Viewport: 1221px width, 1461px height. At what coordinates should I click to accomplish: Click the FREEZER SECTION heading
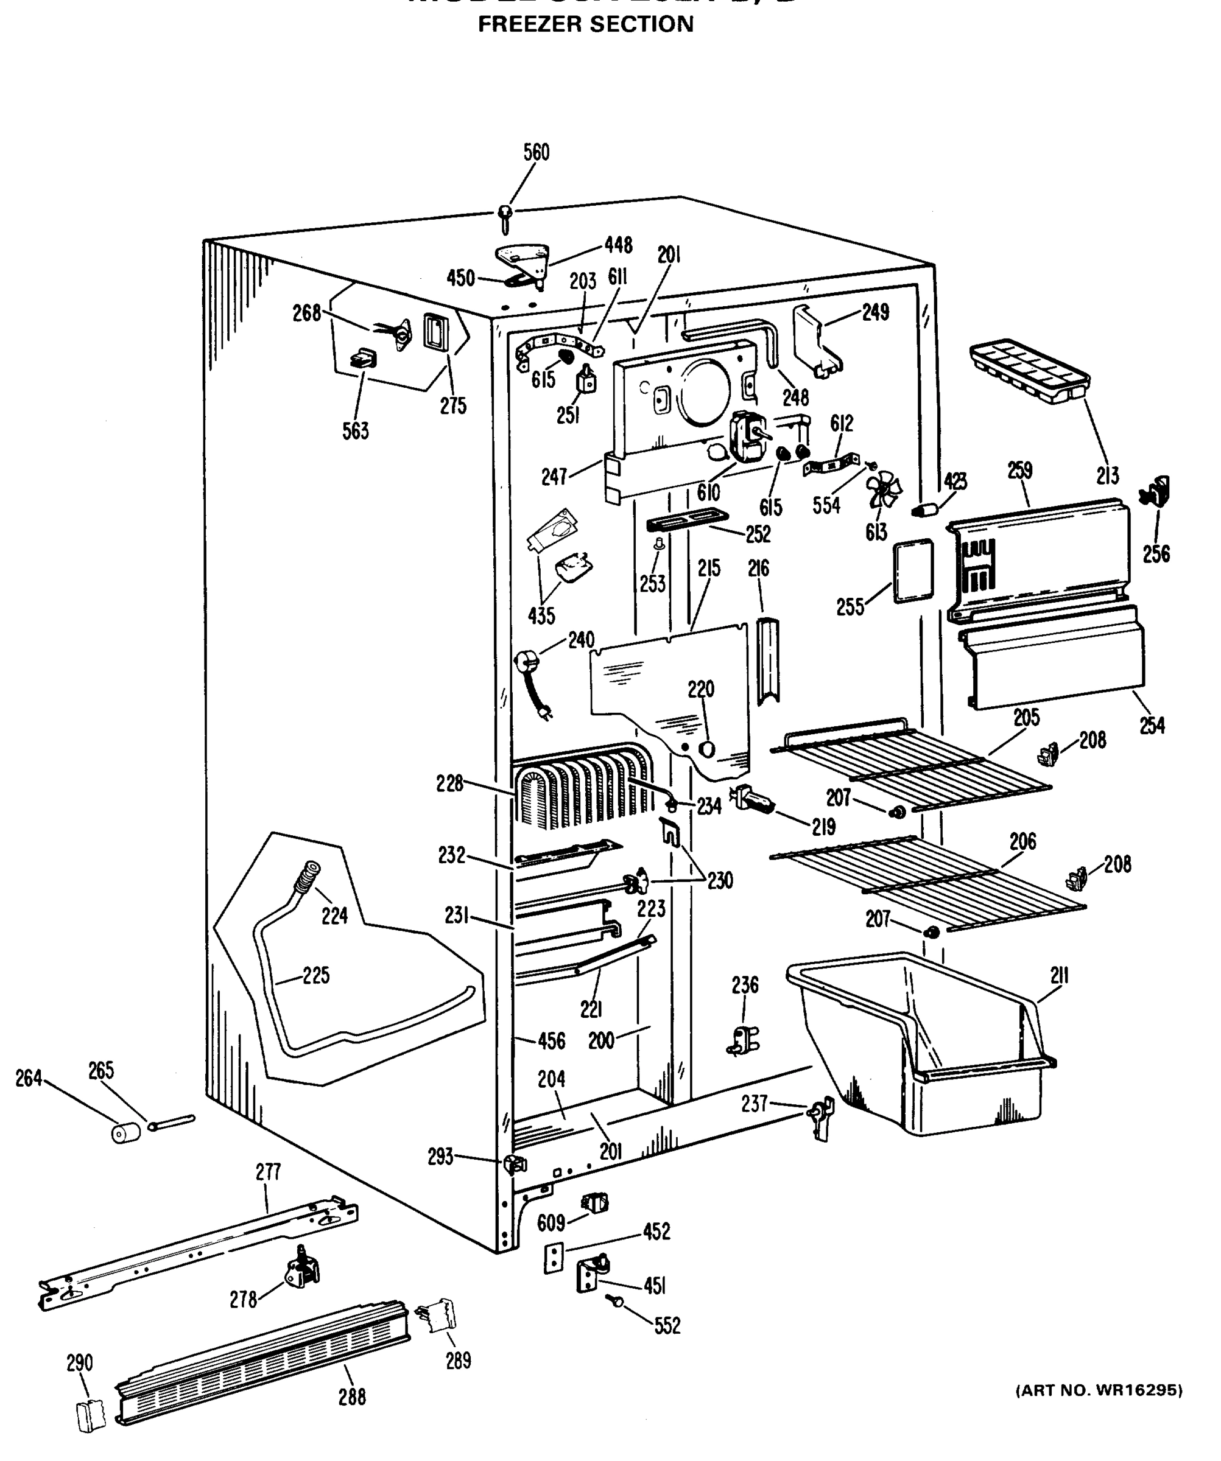point(585,24)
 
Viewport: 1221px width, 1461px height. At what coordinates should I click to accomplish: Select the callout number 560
point(536,152)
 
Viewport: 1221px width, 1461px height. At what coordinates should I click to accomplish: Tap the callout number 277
point(268,1172)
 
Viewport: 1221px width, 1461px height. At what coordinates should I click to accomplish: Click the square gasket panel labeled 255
point(913,570)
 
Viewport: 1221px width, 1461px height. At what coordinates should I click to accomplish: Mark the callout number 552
point(667,1325)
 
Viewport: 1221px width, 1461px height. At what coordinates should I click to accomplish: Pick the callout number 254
point(1152,725)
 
